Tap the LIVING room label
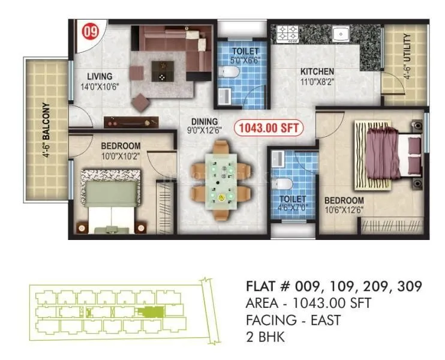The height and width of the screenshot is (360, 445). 100,76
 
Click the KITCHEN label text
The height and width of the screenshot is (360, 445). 317,72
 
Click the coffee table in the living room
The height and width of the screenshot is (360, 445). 160,71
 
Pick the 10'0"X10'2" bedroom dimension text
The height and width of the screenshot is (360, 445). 120,155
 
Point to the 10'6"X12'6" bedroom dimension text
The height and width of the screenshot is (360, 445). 344,209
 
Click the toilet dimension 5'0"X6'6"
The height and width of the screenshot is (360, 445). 244,61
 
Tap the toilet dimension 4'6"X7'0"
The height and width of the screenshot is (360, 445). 292,208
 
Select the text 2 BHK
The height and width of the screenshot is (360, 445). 265,337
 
